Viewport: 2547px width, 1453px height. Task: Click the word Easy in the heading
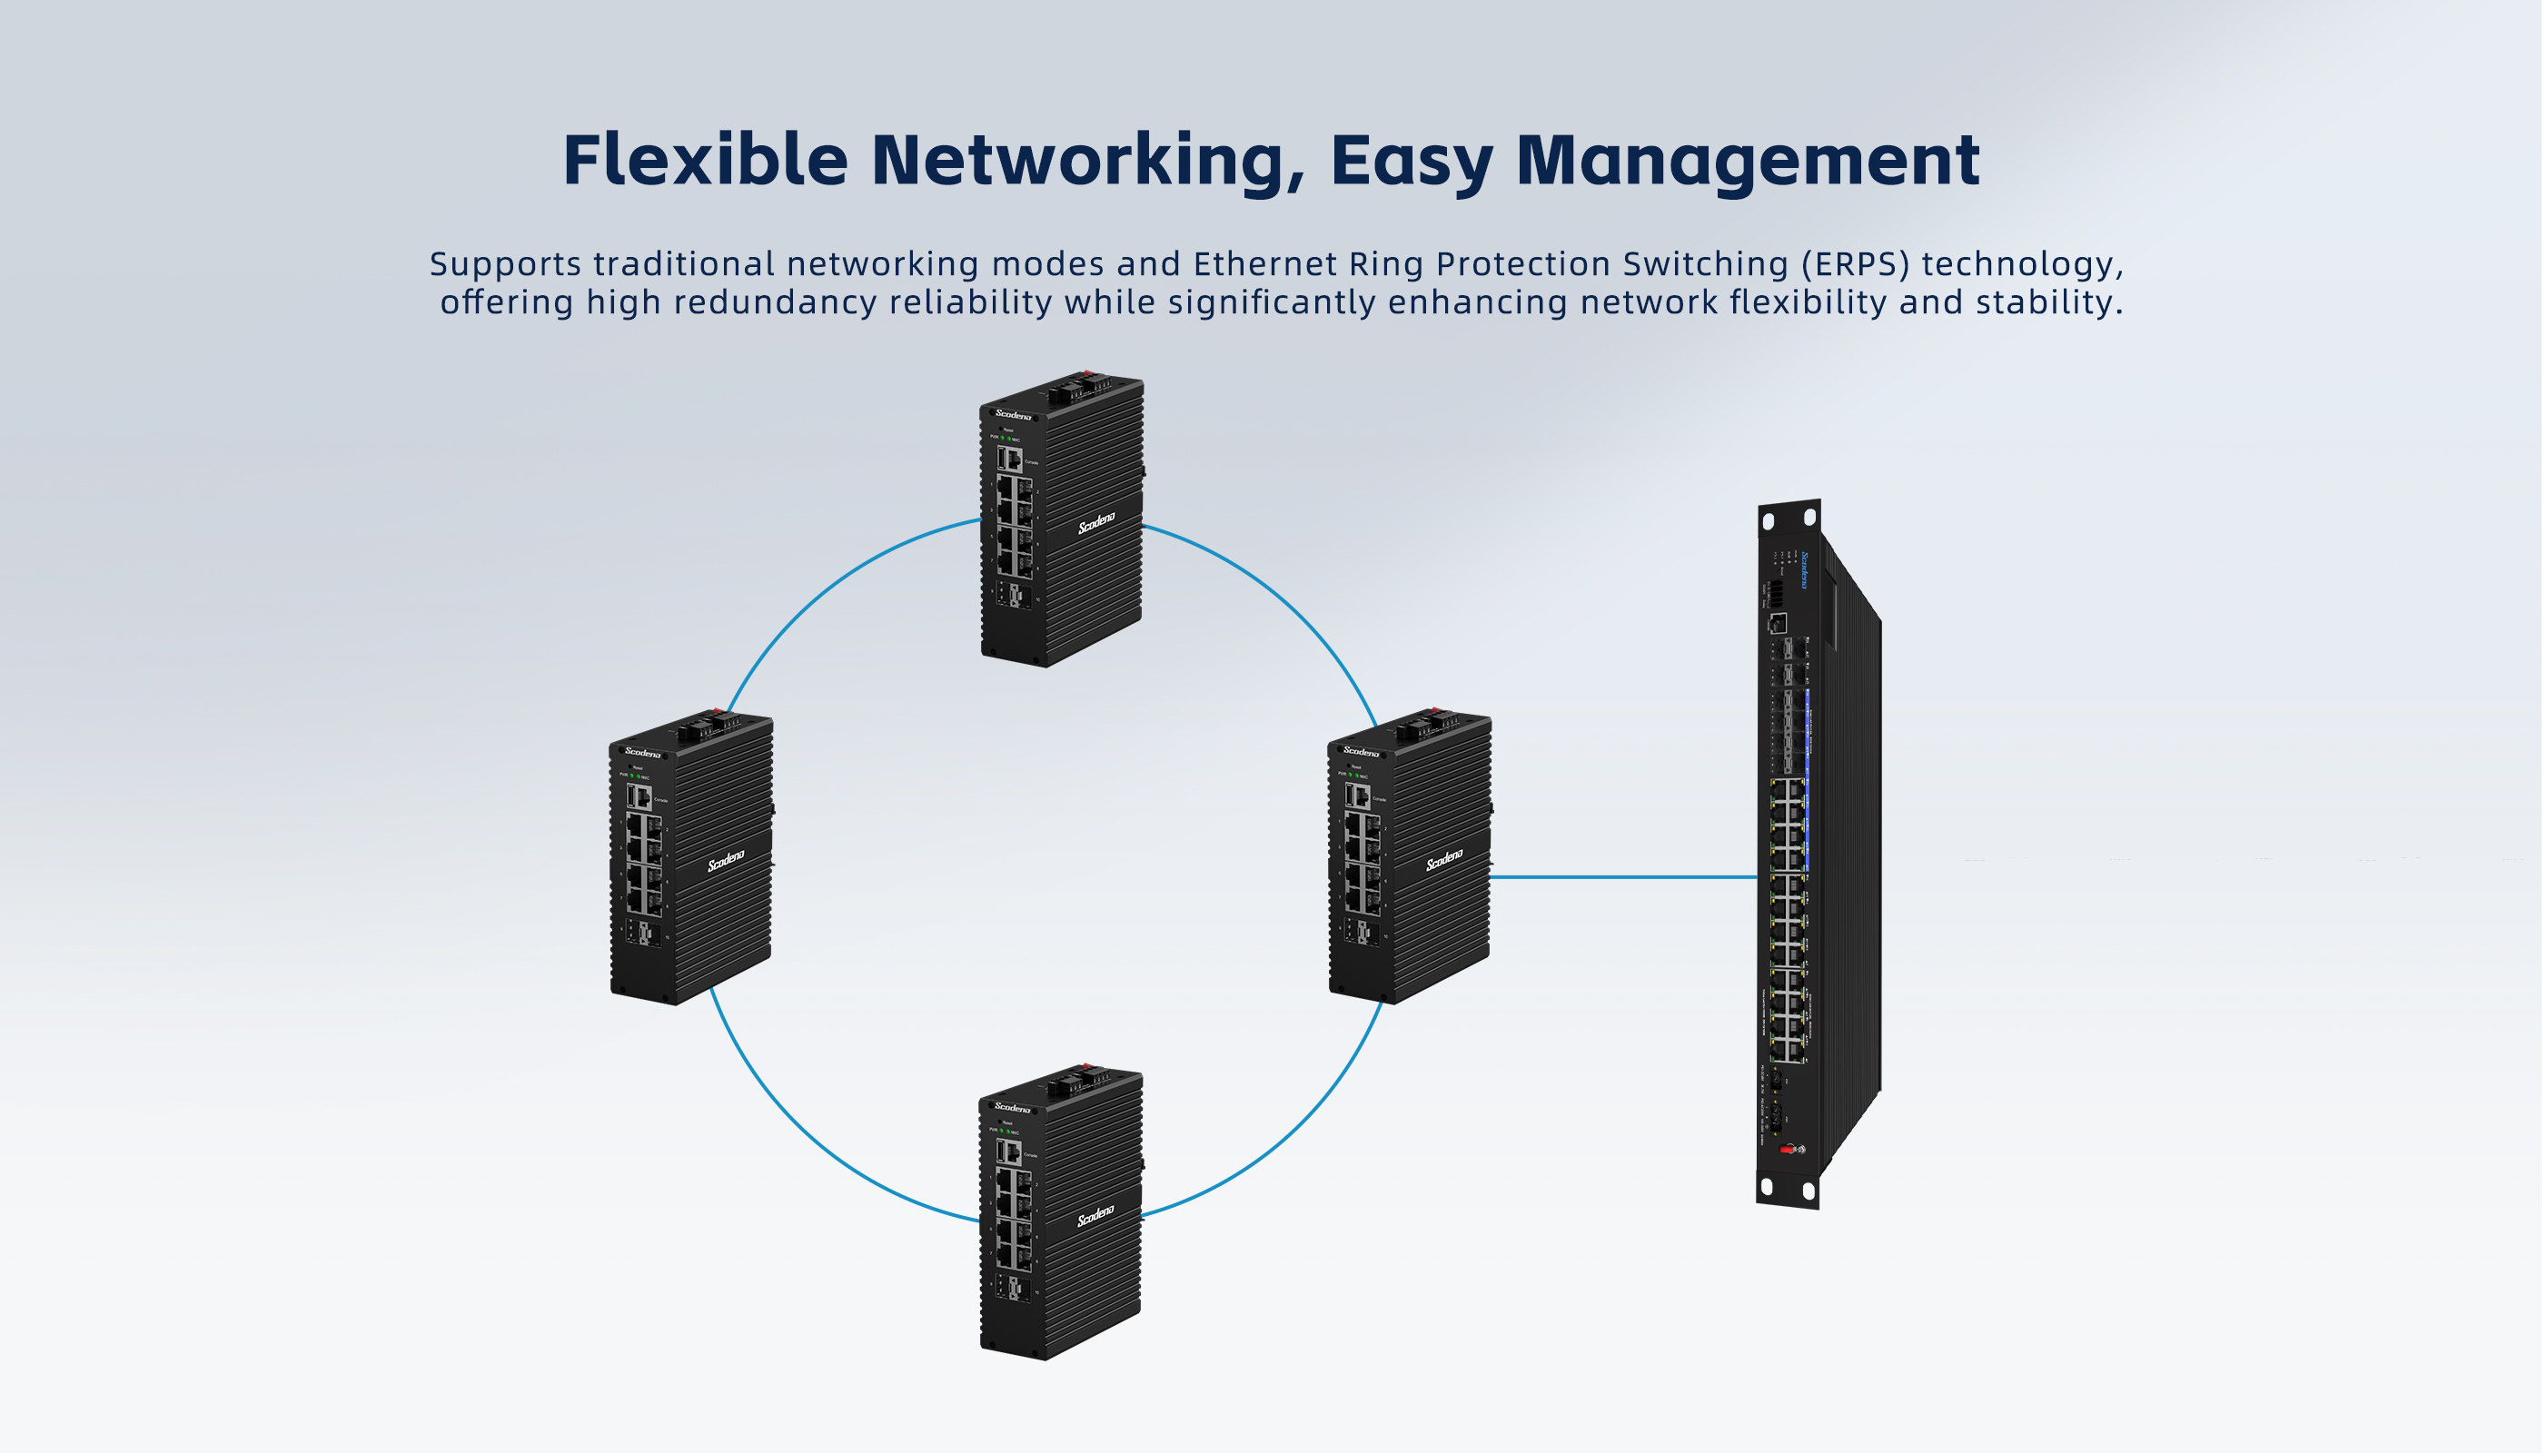click(x=1411, y=162)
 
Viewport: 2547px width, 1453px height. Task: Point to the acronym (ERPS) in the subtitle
click(x=1856, y=263)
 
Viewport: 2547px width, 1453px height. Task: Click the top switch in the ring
click(x=1061, y=519)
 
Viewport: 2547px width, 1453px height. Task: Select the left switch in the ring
click(x=690, y=856)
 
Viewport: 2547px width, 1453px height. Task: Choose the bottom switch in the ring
click(x=1061, y=1212)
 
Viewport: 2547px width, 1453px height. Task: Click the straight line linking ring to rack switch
click(x=1621, y=877)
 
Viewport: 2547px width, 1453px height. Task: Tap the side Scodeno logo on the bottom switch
click(x=1095, y=1215)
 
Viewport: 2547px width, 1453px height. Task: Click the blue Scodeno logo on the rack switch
click(x=1803, y=568)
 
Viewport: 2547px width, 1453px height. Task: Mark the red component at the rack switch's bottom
click(x=1787, y=1150)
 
